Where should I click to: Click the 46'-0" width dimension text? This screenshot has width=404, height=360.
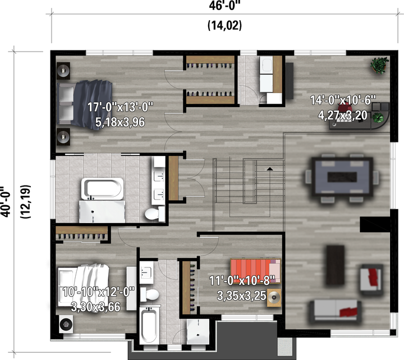pyautogui.click(x=223, y=6)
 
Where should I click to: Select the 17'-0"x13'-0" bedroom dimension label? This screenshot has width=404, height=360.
pyautogui.click(x=120, y=107)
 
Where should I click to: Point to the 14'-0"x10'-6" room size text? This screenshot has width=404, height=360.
pyautogui.click(x=343, y=100)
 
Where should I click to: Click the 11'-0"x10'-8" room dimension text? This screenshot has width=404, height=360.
pyautogui.click(x=242, y=280)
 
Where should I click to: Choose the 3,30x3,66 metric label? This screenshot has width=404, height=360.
pyautogui.click(x=95, y=307)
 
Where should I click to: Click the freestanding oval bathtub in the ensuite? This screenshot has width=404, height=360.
pyautogui.click(x=102, y=189)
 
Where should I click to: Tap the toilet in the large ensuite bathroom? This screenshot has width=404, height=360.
pyautogui.click(x=155, y=214)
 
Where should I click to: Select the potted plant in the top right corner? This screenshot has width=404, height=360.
pyautogui.click(x=379, y=65)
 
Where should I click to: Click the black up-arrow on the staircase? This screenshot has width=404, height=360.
pyautogui.click(x=270, y=169)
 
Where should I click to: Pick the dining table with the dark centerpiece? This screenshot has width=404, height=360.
pyautogui.click(x=342, y=177)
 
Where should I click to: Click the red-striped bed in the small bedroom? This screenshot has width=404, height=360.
pyautogui.click(x=255, y=271)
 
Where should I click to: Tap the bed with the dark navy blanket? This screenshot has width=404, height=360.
pyautogui.click(x=85, y=104)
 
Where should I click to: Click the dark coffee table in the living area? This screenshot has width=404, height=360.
pyautogui.click(x=335, y=265)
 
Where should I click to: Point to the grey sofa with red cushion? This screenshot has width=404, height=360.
pyautogui.click(x=335, y=312)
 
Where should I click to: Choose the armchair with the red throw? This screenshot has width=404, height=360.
pyautogui.click(x=371, y=279)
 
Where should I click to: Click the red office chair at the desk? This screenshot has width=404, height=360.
pyautogui.click(x=345, y=108)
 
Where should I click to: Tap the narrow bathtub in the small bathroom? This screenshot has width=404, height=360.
pyautogui.click(x=148, y=325)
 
